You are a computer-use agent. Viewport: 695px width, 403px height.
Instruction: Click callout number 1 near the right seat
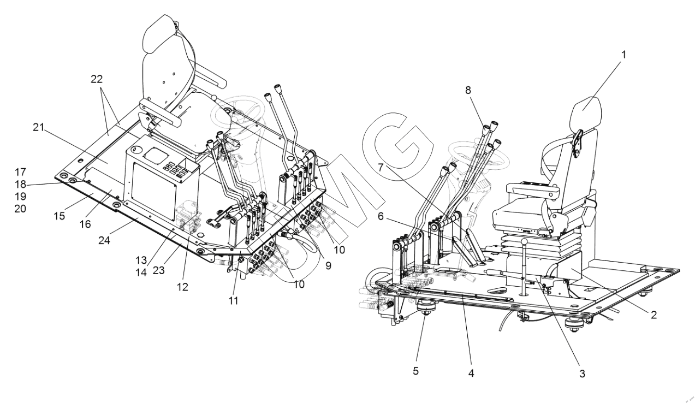coord(623,55)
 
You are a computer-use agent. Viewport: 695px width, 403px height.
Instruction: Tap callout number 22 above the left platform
coord(97,79)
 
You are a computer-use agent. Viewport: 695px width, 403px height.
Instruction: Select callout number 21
coord(38,127)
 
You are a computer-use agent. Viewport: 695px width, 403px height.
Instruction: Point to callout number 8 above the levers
coord(468,90)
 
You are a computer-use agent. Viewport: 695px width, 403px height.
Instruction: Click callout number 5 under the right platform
coord(416,371)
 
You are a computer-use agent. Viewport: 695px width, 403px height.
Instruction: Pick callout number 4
coord(471,373)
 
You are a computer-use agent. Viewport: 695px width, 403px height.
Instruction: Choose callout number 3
coord(582,374)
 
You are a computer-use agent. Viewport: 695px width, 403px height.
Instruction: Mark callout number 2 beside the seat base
coord(654,315)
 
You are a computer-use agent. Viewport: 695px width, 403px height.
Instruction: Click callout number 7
coord(382,168)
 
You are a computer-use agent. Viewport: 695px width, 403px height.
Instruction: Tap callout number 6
coord(381,216)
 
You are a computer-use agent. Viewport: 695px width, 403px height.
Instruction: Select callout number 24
coord(104,240)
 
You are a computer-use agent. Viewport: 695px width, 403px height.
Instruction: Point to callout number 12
coord(183,287)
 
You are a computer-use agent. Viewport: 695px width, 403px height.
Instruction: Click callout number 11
coord(233,300)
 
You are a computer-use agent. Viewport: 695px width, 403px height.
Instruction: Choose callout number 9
coord(328,265)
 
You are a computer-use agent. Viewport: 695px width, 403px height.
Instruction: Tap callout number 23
coord(158,270)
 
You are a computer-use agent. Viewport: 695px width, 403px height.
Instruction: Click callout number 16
coord(85,224)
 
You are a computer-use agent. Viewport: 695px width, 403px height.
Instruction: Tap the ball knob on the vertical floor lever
coord(524,242)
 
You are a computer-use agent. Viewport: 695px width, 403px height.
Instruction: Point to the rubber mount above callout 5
coord(425,309)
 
